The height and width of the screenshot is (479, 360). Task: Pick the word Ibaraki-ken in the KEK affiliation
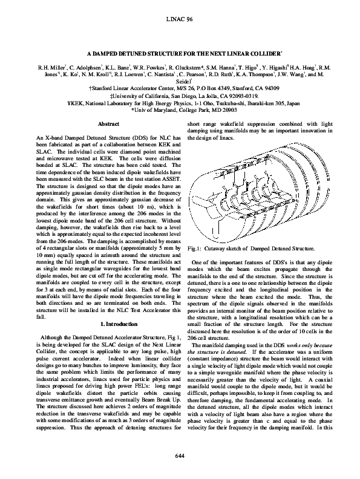tap(249, 103)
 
